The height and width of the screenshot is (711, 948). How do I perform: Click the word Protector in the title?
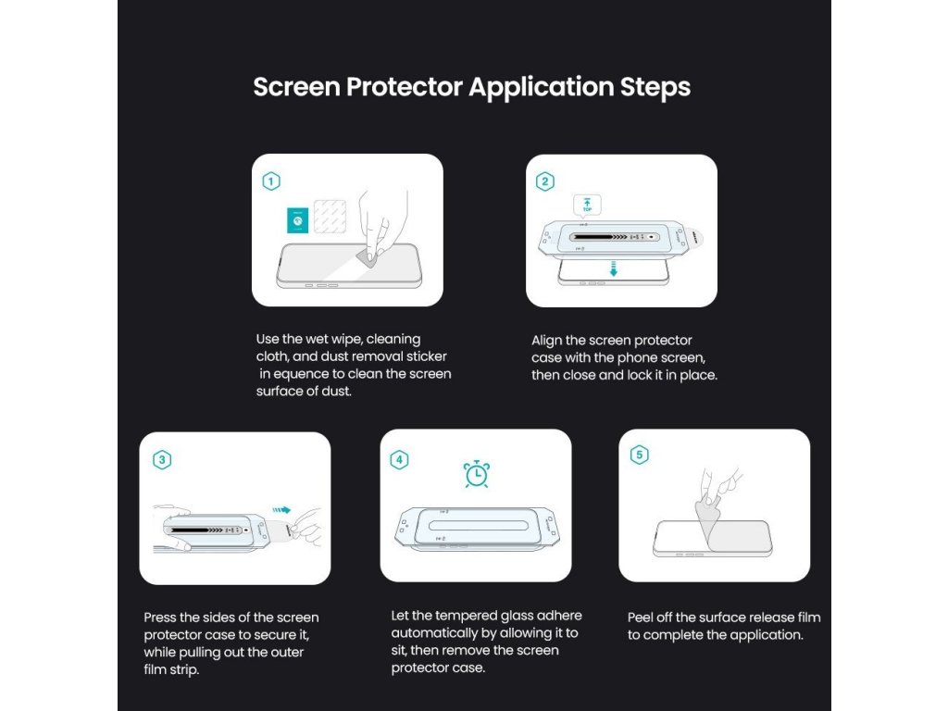point(405,86)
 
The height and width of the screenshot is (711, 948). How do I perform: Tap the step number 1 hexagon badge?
point(271,181)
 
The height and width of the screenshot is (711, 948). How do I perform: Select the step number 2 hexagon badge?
point(545,181)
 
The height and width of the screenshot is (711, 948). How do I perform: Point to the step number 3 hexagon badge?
point(162,460)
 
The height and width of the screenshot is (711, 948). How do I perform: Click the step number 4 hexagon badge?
point(399,460)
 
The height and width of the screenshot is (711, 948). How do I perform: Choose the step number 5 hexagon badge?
point(639,455)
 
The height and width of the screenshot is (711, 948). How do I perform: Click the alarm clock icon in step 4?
point(477,474)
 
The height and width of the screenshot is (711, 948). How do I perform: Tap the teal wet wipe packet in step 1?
point(297,220)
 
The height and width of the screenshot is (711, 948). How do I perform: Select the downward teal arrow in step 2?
point(614,268)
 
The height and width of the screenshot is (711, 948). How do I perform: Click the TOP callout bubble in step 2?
point(587,206)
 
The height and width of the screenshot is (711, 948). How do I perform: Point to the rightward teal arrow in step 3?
point(281,510)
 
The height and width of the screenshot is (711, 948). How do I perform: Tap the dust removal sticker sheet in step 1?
point(331,217)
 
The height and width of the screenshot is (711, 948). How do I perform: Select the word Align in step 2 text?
point(546,341)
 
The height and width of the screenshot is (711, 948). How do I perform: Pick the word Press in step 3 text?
point(159,617)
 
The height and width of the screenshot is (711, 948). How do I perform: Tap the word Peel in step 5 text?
point(641,617)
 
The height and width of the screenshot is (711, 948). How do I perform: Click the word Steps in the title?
point(655,87)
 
